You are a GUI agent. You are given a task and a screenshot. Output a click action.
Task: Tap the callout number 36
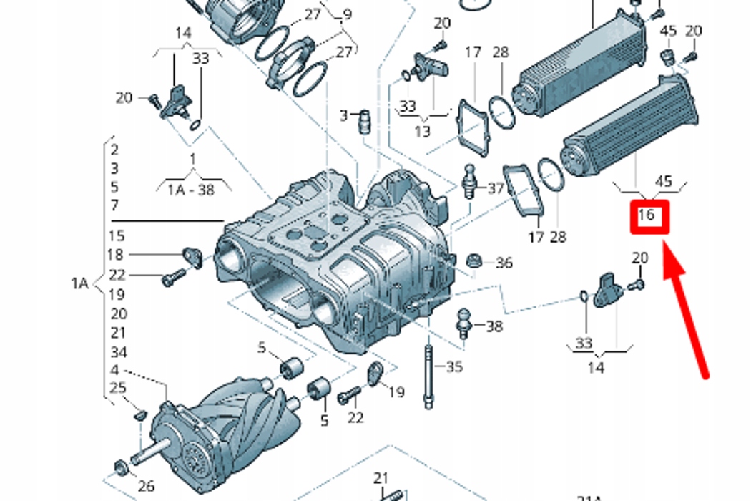click(x=504, y=263)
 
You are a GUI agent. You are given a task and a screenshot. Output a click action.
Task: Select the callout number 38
click(x=494, y=326)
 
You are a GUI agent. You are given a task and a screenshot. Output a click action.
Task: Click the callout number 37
click(x=496, y=188)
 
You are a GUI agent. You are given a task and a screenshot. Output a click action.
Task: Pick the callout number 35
click(x=454, y=367)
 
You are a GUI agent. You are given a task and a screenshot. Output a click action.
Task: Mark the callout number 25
click(x=118, y=388)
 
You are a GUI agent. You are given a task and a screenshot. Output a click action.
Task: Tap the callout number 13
click(x=422, y=132)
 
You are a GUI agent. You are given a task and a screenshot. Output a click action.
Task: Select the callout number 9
click(x=347, y=14)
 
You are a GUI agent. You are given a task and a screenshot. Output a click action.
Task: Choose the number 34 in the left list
click(x=118, y=351)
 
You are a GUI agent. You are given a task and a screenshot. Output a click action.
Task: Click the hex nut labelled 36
click(x=473, y=261)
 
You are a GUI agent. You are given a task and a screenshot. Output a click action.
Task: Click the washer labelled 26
click(x=121, y=469)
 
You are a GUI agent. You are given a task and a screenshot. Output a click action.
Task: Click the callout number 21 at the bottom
click(x=381, y=477)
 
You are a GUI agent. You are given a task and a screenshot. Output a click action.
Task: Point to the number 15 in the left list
click(x=116, y=235)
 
